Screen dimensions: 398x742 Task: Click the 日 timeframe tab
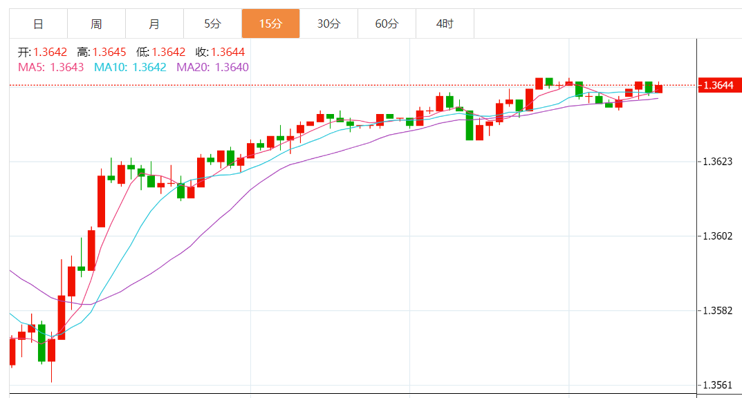click(x=38, y=24)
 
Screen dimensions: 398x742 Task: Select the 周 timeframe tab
click(x=96, y=24)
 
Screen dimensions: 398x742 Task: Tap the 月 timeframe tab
click(x=154, y=24)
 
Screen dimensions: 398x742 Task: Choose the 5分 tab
click(x=212, y=24)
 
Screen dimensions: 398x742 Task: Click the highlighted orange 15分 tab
click(x=270, y=24)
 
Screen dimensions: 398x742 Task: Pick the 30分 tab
click(x=328, y=24)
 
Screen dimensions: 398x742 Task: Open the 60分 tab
click(x=387, y=24)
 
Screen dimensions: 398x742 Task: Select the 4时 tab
click(x=445, y=24)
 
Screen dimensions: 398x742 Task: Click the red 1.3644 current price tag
click(x=718, y=86)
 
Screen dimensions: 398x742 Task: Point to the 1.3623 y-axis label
click(x=717, y=162)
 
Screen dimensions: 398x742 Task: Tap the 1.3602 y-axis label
click(x=717, y=236)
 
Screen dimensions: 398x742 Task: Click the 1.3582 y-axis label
click(x=717, y=311)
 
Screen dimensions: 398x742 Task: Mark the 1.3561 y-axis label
click(x=717, y=385)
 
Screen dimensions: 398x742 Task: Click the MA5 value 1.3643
click(x=67, y=67)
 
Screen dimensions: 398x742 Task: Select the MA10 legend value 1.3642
click(x=149, y=67)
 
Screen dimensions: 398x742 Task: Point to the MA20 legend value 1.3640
click(x=232, y=67)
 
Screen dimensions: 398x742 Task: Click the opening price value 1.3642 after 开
click(x=50, y=52)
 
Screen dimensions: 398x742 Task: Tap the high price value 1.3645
click(x=109, y=52)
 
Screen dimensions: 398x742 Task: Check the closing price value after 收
click(x=228, y=52)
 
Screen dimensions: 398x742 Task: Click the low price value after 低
click(x=169, y=52)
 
